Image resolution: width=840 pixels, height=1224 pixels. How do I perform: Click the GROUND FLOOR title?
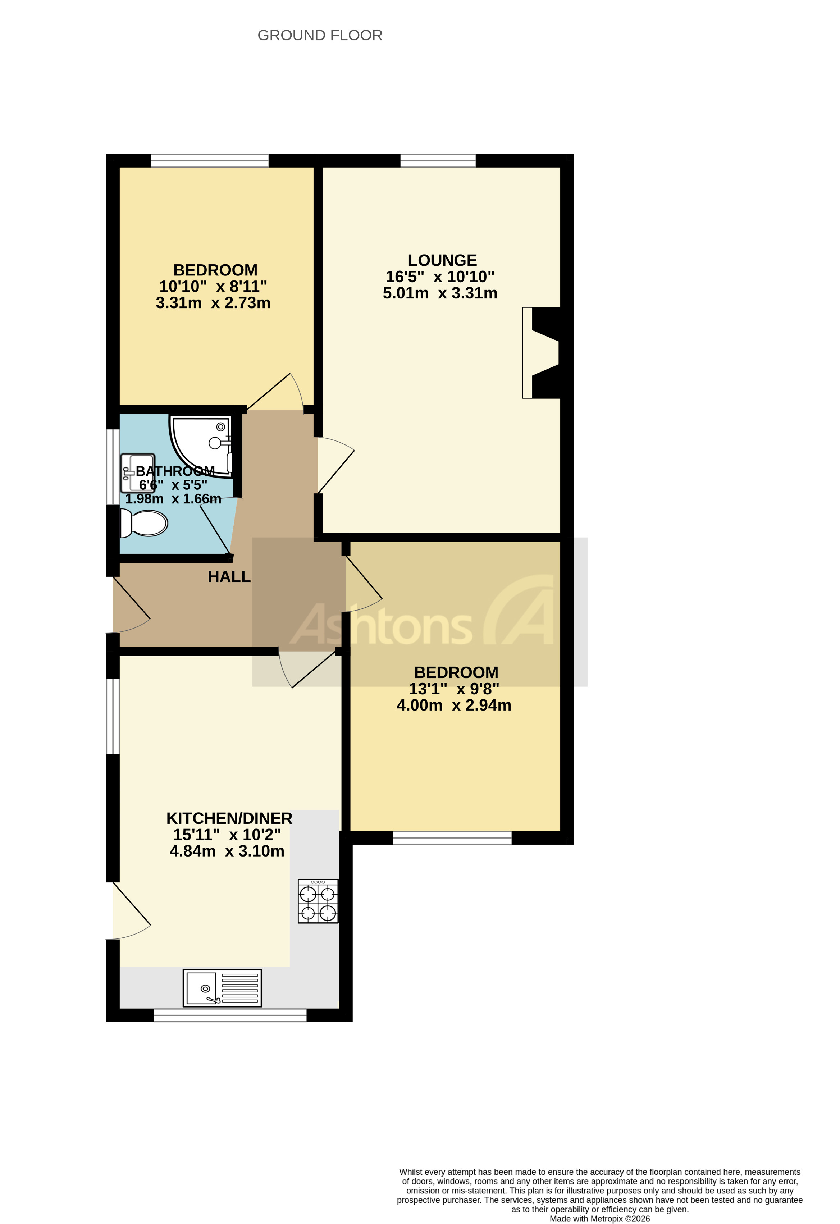320,35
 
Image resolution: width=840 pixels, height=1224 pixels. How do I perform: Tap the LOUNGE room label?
442,260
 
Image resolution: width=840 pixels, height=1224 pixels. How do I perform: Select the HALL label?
229,577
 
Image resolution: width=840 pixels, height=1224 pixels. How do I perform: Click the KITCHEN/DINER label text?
229,818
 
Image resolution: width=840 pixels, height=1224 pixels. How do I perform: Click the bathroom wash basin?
137,473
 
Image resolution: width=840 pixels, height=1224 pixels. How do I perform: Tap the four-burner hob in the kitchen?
318,901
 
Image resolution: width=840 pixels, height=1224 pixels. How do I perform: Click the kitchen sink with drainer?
222,988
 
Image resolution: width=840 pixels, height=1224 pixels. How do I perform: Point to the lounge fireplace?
543,352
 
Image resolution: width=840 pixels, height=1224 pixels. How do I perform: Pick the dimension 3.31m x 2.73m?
213,303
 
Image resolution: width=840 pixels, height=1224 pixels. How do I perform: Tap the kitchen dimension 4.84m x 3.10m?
227,851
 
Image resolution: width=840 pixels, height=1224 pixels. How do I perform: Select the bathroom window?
113,467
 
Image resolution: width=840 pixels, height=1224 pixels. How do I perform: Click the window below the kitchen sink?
230,1015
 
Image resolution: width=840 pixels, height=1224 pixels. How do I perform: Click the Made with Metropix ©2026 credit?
599,1218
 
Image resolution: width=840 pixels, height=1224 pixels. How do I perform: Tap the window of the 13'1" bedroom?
452,837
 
